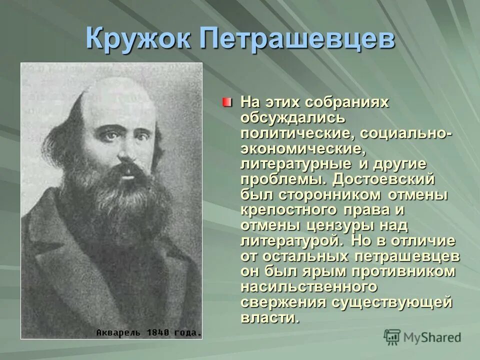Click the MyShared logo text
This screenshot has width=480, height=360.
(x=432, y=337)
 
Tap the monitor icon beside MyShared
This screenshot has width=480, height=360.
(x=392, y=337)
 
